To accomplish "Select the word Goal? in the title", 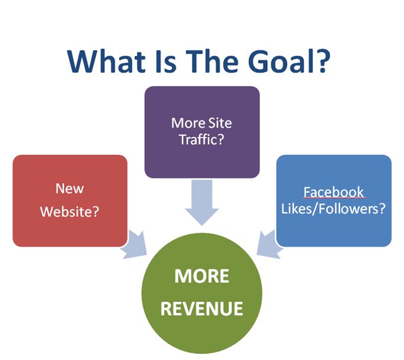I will click(x=285, y=62).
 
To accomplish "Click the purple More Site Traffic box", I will click(x=202, y=132).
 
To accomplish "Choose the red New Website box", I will click(x=70, y=200).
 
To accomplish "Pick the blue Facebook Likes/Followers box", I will click(x=334, y=200).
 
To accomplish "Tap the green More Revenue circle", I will click(x=201, y=294).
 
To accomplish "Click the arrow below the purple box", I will click(x=202, y=202).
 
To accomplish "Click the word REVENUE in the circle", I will click(x=202, y=309).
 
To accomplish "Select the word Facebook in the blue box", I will click(x=334, y=192).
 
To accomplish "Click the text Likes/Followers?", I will click(x=334, y=209).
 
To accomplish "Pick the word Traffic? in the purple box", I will click(x=202, y=141).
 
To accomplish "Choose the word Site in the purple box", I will click(x=218, y=123).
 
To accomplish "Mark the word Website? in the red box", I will click(x=70, y=211).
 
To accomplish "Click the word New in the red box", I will click(x=70, y=189).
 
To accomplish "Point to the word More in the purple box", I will click(x=186, y=123).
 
